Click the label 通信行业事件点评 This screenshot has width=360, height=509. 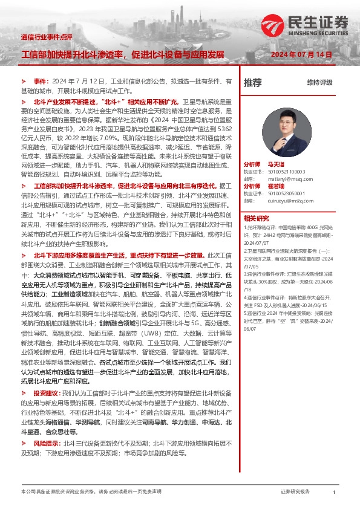pos(46,37)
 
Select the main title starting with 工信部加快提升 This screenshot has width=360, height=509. pos(122,54)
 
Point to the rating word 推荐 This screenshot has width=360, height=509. pos(252,82)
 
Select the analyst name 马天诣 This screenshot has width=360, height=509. pos(284,164)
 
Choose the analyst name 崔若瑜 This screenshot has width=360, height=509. pos(284,186)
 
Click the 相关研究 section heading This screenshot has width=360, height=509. pos(256,218)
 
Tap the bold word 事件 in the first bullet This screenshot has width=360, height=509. pos(40,80)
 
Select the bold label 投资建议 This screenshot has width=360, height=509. pos(45,393)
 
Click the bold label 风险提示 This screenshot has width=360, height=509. pos(45,443)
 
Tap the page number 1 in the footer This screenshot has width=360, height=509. pos(334,493)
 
